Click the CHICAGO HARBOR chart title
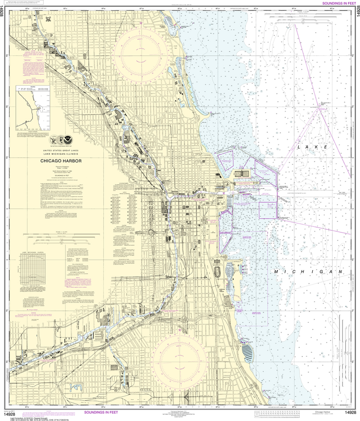[60, 161]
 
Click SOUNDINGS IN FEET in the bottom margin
[101, 412]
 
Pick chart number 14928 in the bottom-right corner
[350, 412]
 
